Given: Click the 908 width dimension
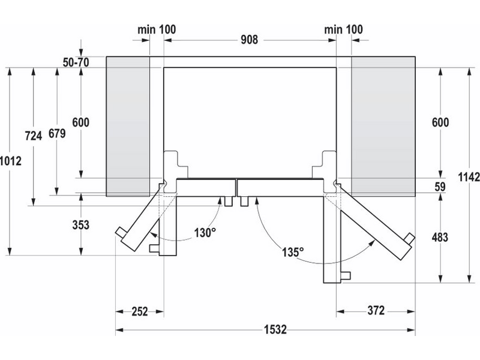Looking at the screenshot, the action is [x=249, y=40].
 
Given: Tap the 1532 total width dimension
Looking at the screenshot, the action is [x=275, y=329].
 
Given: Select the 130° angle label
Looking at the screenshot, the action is [x=205, y=233].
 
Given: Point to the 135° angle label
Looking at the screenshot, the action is [x=293, y=252].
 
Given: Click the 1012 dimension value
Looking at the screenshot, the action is [x=11, y=161].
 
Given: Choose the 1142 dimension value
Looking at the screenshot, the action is [x=469, y=177].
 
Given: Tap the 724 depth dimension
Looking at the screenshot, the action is [x=34, y=136].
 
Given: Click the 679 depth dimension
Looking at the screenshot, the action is [x=57, y=133].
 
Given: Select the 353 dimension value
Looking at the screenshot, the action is [x=81, y=225].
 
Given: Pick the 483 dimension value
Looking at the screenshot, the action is [x=440, y=237].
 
